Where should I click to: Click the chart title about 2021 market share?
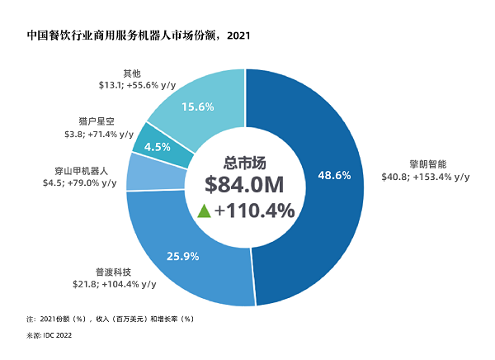coord(126,36)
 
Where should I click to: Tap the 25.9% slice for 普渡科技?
coord(186,248)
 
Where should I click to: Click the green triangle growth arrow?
coord(203,211)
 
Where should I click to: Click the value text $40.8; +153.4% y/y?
coord(426,176)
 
